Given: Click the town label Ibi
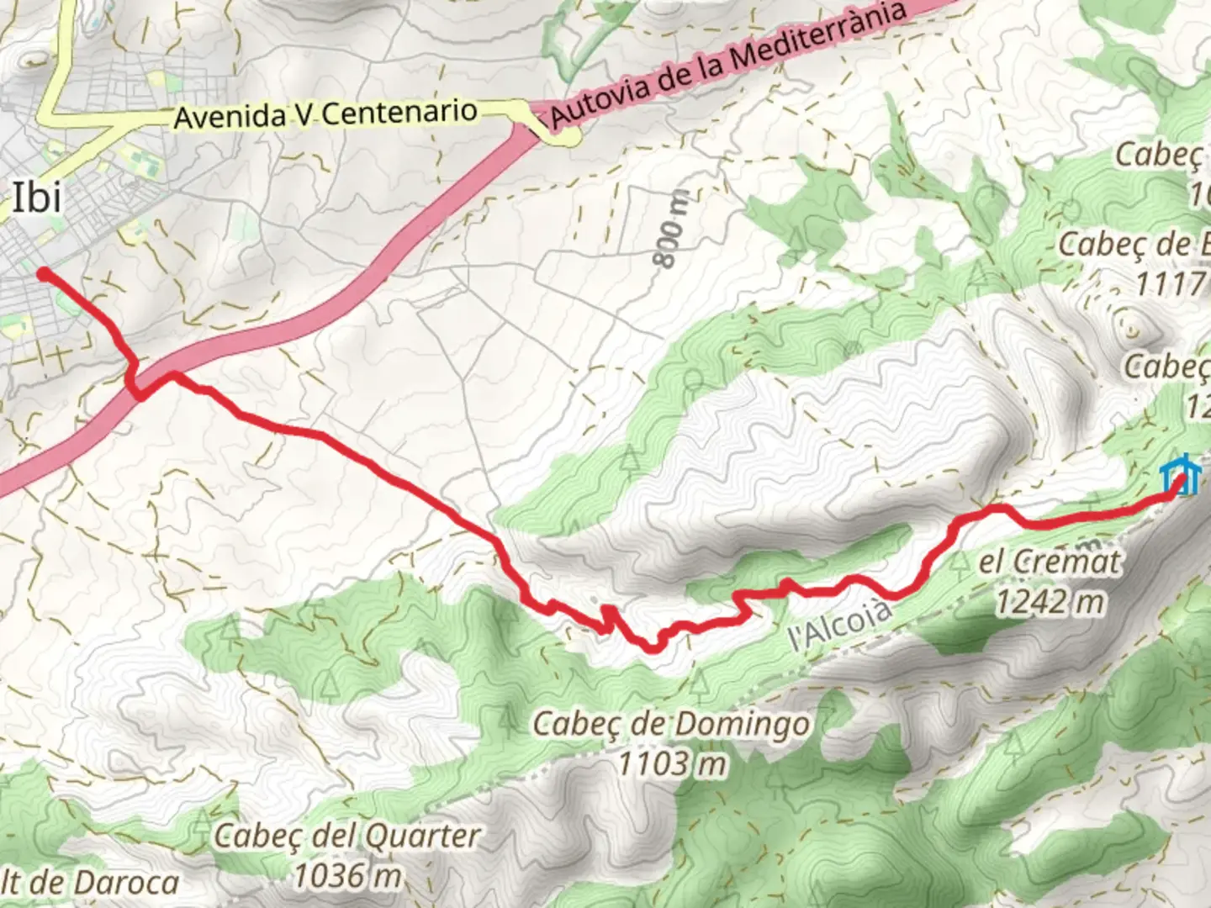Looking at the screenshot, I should click(37, 198).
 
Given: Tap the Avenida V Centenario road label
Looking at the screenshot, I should click(325, 113).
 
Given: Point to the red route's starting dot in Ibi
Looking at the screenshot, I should click(42, 272).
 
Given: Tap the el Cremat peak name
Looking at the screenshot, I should click(1050, 562).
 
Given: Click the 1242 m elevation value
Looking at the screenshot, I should click(1050, 601).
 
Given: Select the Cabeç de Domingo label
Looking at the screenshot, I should click(671, 724).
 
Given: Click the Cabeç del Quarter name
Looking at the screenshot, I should click(346, 836).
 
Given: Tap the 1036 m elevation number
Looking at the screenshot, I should click(346, 875).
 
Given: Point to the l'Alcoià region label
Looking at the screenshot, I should click(839, 624).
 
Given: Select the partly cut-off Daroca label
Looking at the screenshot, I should click(91, 882).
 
